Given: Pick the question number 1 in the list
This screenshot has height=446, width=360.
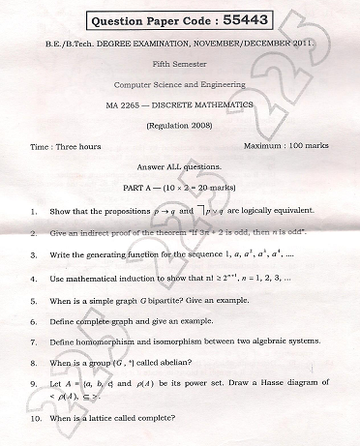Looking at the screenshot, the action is [34, 211].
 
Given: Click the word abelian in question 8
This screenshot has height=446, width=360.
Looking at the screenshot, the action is [171, 363].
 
